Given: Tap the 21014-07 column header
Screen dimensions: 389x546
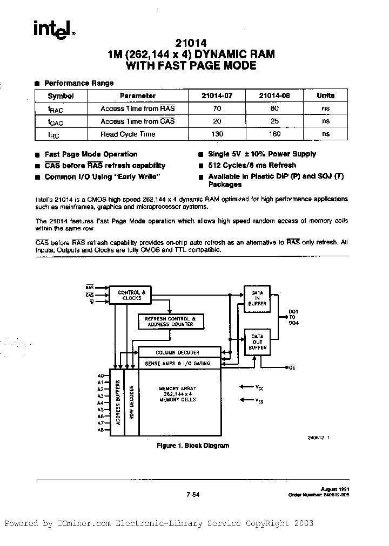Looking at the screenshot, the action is [217, 95].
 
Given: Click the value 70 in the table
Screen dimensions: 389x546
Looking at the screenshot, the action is [218, 108].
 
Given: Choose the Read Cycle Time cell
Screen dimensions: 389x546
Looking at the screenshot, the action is [128, 134].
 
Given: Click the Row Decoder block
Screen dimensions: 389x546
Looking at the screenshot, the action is [131, 402].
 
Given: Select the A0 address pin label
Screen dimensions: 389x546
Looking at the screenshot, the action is [100, 376].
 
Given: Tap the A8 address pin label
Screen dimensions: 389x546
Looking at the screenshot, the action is [100, 430].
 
